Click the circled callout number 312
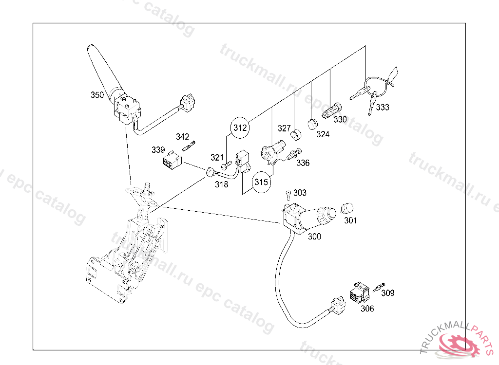pos(240,128)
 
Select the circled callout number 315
pos(261,183)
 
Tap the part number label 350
pos(97,95)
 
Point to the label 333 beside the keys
pos(383,108)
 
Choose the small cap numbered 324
pos(312,123)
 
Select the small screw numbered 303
pos(288,195)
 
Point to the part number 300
pos(315,237)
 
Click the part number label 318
pos(221,185)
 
